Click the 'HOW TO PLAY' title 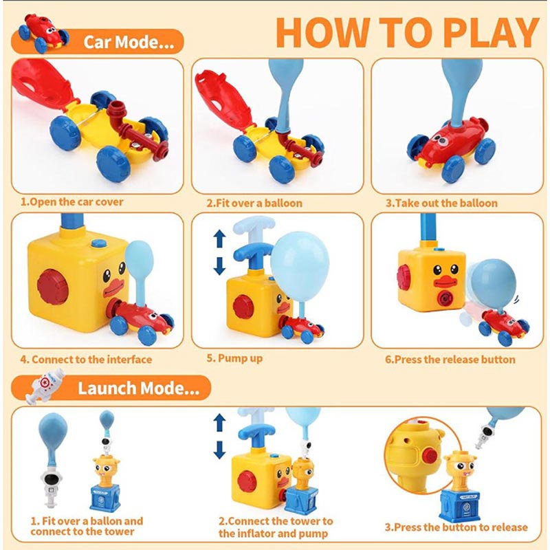(407, 32)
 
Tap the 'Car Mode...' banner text (129, 42)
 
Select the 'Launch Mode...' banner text (139, 388)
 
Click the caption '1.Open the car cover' (72, 202)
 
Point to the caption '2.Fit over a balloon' (254, 203)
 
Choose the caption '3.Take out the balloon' (441, 203)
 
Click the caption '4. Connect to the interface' (86, 360)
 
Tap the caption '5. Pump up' (234, 358)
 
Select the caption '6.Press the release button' (450, 360)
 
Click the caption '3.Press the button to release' (456, 527)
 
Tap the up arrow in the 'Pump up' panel (219, 239)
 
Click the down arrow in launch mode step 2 (219, 450)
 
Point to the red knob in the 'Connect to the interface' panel (53, 287)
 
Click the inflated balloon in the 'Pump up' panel (300, 267)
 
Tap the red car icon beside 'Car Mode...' (43, 33)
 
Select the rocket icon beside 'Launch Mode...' (45, 386)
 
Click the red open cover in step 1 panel (42, 84)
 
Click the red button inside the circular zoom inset (430, 455)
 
